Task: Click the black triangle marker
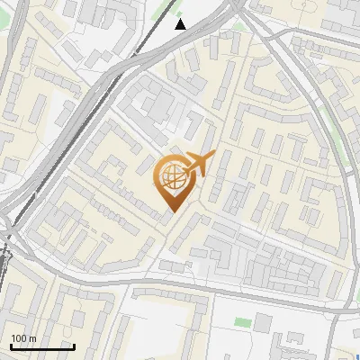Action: pos(181,24)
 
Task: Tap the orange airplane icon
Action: pos(199,165)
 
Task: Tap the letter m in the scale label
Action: pos(33,338)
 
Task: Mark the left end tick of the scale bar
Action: pos(11,346)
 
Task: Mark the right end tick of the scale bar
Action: pos(74,346)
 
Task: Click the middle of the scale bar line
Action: pos(42,346)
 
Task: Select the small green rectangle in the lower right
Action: pos(241,321)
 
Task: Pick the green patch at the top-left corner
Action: pos(5,5)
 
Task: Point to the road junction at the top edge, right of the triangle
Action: pos(236,5)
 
